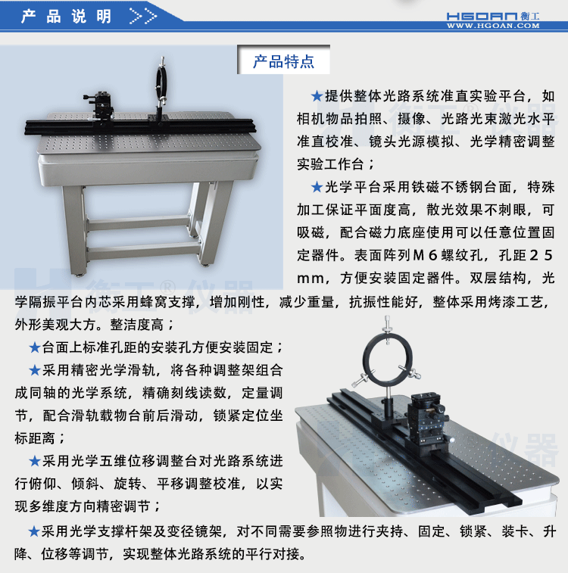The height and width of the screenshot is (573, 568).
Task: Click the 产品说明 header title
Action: tap(67, 16)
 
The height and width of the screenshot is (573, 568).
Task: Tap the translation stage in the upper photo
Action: tap(102, 105)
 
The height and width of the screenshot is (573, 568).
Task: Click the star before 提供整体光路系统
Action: tap(317, 97)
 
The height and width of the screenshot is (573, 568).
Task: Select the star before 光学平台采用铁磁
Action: tap(317, 187)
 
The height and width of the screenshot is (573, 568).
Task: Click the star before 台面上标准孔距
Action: tap(34, 347)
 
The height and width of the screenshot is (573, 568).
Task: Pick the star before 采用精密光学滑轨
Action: tap(34, 370)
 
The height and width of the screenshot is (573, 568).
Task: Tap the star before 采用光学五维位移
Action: tap(34, 460)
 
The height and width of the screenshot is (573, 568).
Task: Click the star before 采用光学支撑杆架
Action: tap(34, 531)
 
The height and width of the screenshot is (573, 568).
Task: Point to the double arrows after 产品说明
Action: tap(143, 16)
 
